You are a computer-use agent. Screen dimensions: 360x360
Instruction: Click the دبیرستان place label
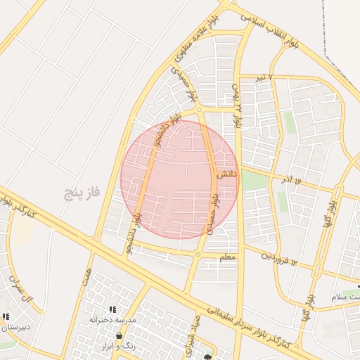(15, 328)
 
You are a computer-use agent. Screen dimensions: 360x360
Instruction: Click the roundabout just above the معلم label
(199, 254)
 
